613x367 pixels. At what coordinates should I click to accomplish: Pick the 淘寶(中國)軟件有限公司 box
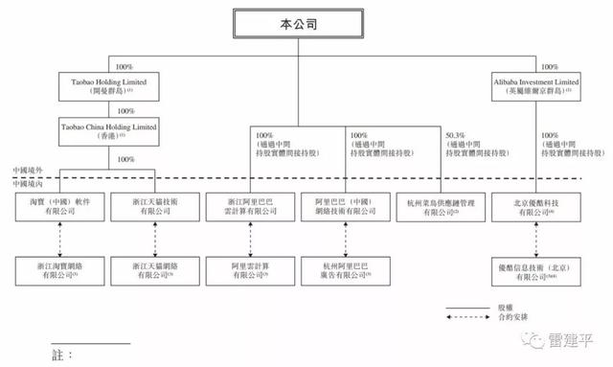point(55,209)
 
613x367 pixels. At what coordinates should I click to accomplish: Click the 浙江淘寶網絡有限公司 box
point(55,267)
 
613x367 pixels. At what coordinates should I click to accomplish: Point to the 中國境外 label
point(26,171)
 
